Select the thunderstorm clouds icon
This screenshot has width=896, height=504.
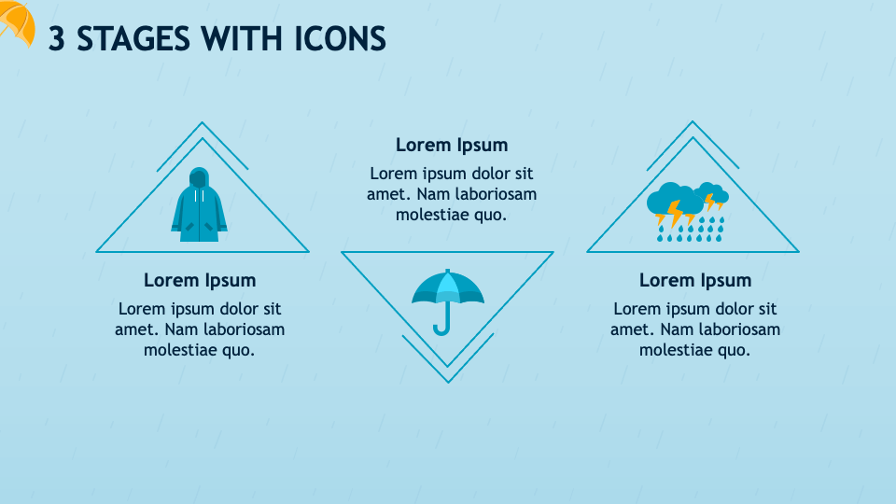[691, 211]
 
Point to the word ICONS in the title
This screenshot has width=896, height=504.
[340, 39]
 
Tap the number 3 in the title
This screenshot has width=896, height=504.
[57, 39]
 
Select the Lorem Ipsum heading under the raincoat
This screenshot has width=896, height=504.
[200, 280]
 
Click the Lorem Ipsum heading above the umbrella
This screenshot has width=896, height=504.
[452, 145]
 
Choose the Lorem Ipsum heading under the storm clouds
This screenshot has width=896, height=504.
[695, 280]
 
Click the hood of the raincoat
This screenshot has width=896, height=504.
[199, 177]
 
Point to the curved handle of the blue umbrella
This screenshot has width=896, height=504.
[441, 327]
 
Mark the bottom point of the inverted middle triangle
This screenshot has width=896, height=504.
[448, 381]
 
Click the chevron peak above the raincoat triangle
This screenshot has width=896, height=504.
[202, 123]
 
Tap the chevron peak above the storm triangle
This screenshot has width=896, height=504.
[693, 122]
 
